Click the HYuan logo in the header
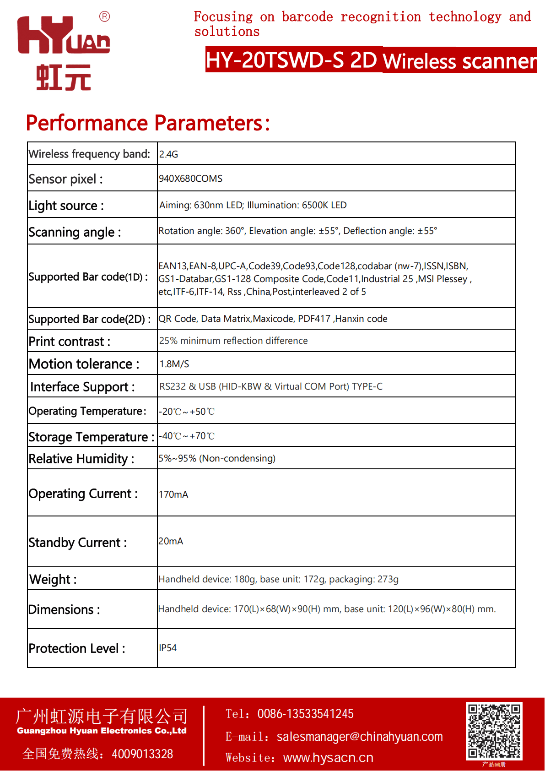(x=64, y=52)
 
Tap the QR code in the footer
(x=494, y=731)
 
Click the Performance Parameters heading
(x=148, y=123)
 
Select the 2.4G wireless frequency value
(x=168, y=154)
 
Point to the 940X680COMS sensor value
(x=190, y=179)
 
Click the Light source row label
(x=66, y=206)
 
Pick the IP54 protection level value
(x=167, y=648)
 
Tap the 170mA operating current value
(x=173, y=494)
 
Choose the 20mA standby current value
(x=171, y=541)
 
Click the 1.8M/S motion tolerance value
(x=174, y=364)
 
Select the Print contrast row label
(x=69, y=342)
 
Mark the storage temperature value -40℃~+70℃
(x=187, y=436)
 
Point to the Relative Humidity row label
(x=81, y=459)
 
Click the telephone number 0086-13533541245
(x=305, y=714)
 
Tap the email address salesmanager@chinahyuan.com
(x=360, y=737)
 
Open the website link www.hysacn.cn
(x=328, y=758)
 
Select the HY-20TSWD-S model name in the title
(x=275, y=60)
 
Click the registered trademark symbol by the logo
(x=104, y=17)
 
